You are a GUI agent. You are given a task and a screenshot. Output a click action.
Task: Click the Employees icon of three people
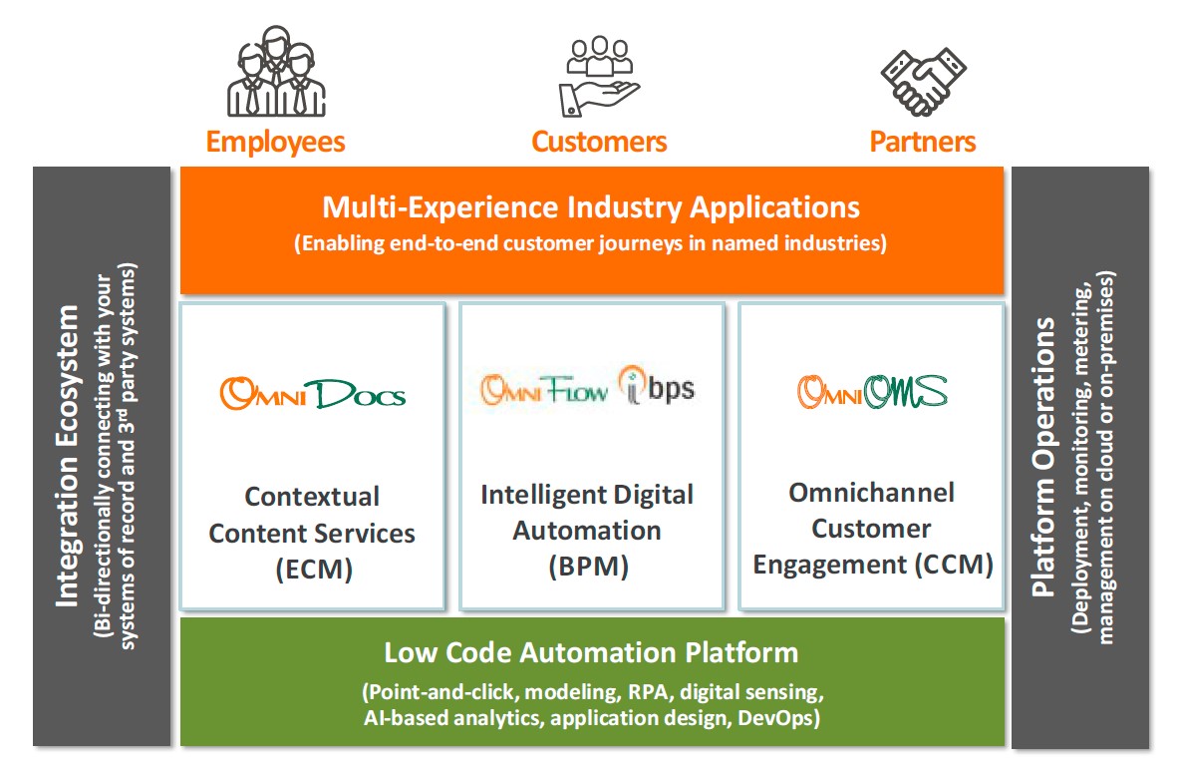274,72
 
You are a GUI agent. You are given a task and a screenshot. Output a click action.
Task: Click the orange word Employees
275,142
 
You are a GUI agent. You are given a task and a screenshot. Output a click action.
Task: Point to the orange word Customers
599,142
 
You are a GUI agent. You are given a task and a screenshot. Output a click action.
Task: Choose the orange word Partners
923,142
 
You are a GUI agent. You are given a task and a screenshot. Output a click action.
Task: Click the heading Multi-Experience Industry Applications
591,207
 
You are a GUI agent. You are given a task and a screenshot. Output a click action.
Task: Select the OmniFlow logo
544,390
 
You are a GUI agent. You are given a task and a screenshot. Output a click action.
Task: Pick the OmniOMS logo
871,391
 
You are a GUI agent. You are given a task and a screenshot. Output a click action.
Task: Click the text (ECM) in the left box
312,570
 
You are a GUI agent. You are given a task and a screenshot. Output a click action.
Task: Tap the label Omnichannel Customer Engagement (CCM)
872,529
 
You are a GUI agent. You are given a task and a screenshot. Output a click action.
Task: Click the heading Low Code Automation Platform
591,653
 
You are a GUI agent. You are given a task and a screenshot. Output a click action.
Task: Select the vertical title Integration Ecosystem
67,456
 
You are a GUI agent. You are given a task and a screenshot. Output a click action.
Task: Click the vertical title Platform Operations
1042,456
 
